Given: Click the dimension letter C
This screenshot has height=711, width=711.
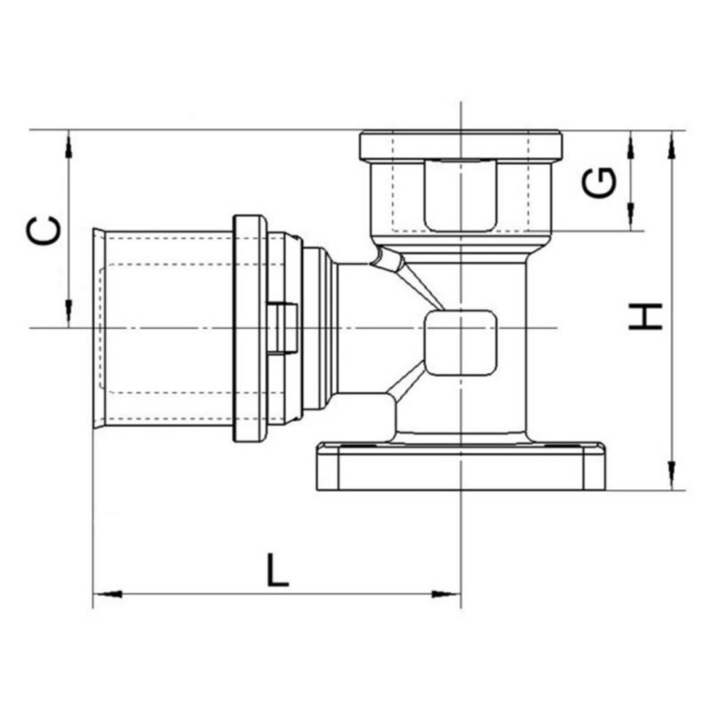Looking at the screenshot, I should pos(44,230).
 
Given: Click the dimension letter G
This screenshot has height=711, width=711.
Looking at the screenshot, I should pos(599,182).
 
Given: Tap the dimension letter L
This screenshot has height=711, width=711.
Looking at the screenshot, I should pos(277,570).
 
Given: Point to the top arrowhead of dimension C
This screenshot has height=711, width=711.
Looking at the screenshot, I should pos(69,145).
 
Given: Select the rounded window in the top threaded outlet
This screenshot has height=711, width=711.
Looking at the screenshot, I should pos(460,196).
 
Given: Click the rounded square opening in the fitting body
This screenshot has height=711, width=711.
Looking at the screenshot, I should pos(460,343).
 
